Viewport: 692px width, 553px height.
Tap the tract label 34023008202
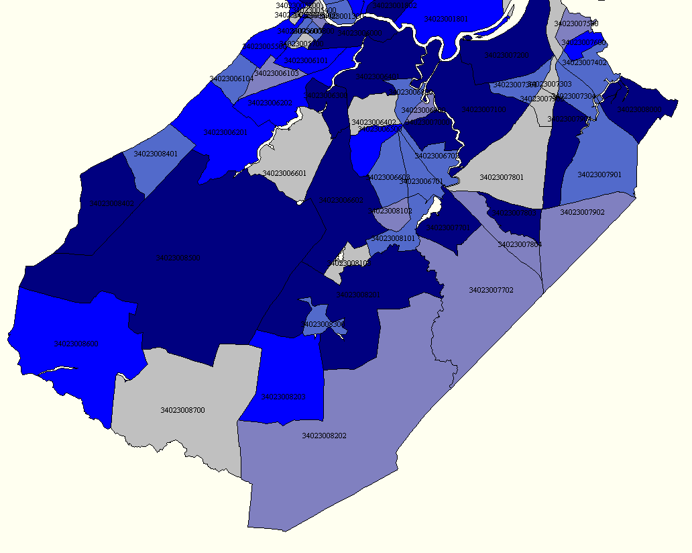click(324, 436)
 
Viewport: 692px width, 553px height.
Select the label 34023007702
click(491, 291)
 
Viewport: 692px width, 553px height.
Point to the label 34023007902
click(582, 213)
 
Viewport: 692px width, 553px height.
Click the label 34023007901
click(599, 175)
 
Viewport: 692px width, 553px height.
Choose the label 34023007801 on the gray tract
click(502, 178)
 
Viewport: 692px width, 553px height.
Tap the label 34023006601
click(284, 174)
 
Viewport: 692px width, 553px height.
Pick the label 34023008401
click(156, 154)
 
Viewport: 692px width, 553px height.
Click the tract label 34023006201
click(225, 133)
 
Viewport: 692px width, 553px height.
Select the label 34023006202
click(270, 103)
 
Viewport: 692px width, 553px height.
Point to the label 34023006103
click(276, 73)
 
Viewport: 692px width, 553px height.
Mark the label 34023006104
click(231, 79)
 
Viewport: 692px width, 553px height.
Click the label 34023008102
click(390, 211)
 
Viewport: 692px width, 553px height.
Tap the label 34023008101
click(394, 239)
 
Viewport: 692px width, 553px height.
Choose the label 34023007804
click(520, 244)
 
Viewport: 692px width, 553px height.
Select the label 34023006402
click(373, 123)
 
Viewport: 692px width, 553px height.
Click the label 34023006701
click(421, 182)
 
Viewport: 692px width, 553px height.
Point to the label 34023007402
click(584, 63)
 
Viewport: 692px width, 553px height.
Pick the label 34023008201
click(358, 295)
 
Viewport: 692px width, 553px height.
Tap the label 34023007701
click(448, 228)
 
